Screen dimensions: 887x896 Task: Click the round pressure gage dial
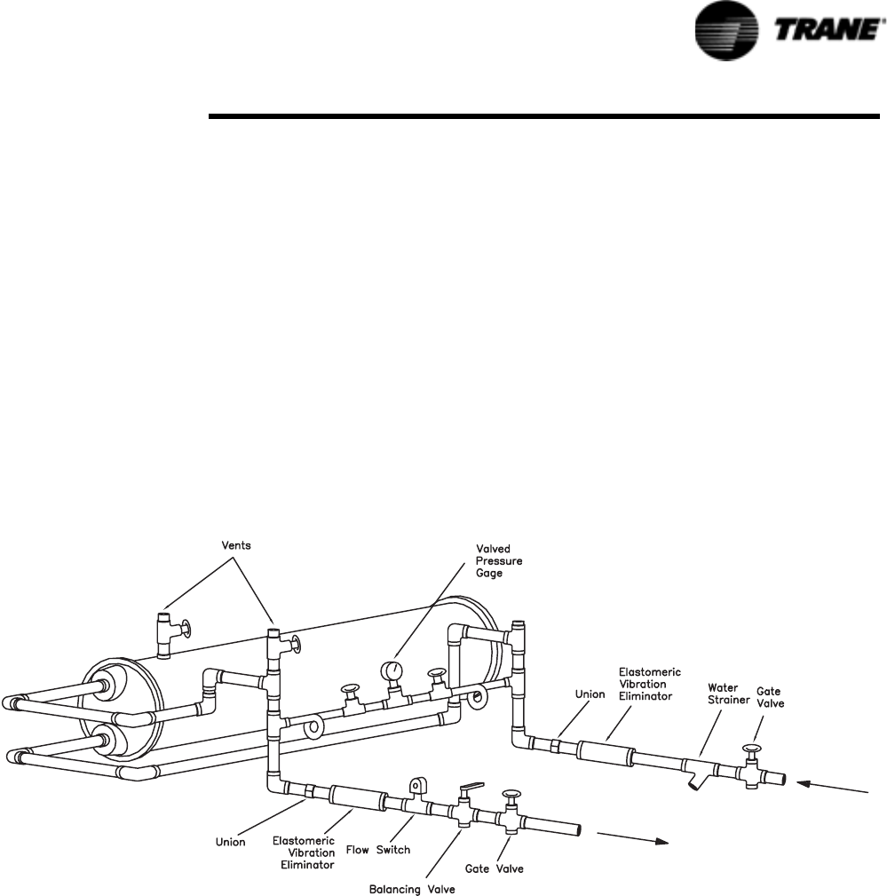[392, 670]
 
